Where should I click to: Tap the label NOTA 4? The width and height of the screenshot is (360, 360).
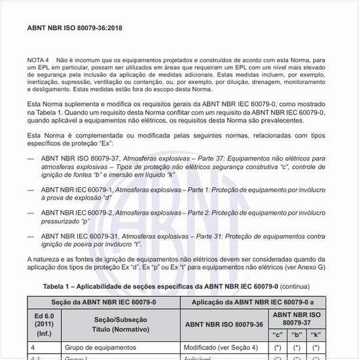39,60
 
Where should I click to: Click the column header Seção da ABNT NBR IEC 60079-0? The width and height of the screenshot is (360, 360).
103,301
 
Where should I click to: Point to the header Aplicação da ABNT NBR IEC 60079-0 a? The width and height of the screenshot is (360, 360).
253,301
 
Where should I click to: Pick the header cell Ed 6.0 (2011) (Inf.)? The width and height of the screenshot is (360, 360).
45,324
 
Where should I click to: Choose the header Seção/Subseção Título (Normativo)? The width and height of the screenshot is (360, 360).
120,324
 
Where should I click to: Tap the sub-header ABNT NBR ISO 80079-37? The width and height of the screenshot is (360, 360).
297,319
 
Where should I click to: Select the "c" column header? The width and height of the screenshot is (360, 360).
278,334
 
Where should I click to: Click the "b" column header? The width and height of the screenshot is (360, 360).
297,334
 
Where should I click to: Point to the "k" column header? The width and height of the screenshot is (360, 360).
316,334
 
